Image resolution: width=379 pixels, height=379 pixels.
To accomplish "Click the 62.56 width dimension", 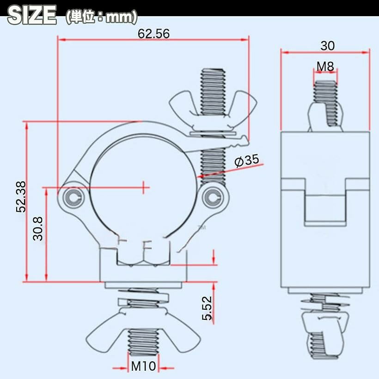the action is click(x=153, y=33).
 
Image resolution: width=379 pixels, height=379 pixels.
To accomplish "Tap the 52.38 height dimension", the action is click(x=21, y=197).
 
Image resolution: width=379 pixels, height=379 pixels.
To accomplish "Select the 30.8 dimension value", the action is click(x=38, y=228).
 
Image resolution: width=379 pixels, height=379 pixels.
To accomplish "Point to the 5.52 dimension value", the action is click(x=207, y=308).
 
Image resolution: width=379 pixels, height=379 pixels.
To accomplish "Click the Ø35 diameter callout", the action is click(x=246, y=161).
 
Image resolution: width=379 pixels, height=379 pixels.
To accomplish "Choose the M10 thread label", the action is click(x=143, y=366).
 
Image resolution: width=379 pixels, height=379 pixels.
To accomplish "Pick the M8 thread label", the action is click(x=325, y=67).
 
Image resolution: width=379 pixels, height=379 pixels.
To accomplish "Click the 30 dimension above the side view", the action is click(x=328, y=46).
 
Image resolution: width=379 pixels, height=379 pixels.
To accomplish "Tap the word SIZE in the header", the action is click(x=32, y=15).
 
